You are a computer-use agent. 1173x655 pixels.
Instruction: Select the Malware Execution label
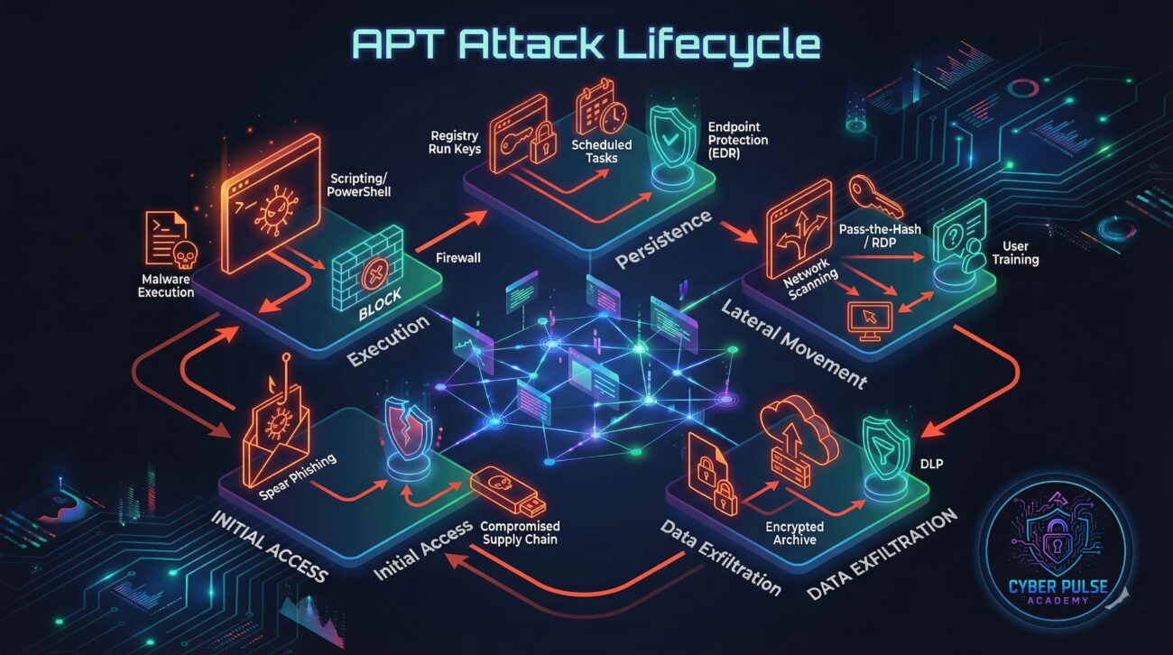167,284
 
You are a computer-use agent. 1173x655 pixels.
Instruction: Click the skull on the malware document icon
183,258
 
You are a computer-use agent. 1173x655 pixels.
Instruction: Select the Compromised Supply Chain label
520,533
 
